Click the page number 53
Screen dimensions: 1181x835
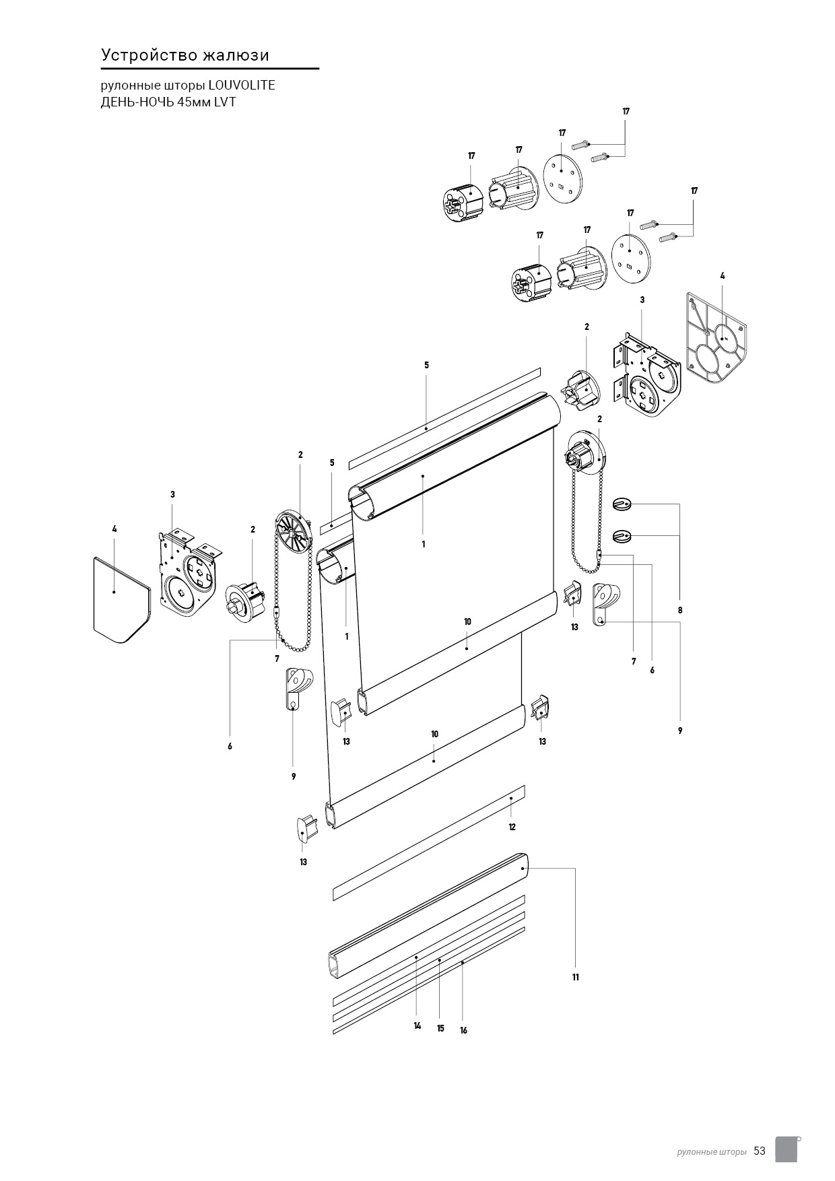click(760, 1151)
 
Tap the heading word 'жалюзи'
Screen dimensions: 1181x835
click(237, 55)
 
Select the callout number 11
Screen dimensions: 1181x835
click(576, 977)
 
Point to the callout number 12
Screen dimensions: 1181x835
click(512, 827)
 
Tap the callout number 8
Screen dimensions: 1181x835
click(680, 610)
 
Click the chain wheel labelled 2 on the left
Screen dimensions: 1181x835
click(295, 529)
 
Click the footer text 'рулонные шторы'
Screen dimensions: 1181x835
click(711, 1152)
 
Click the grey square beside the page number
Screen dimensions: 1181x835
click(787, 1149)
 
